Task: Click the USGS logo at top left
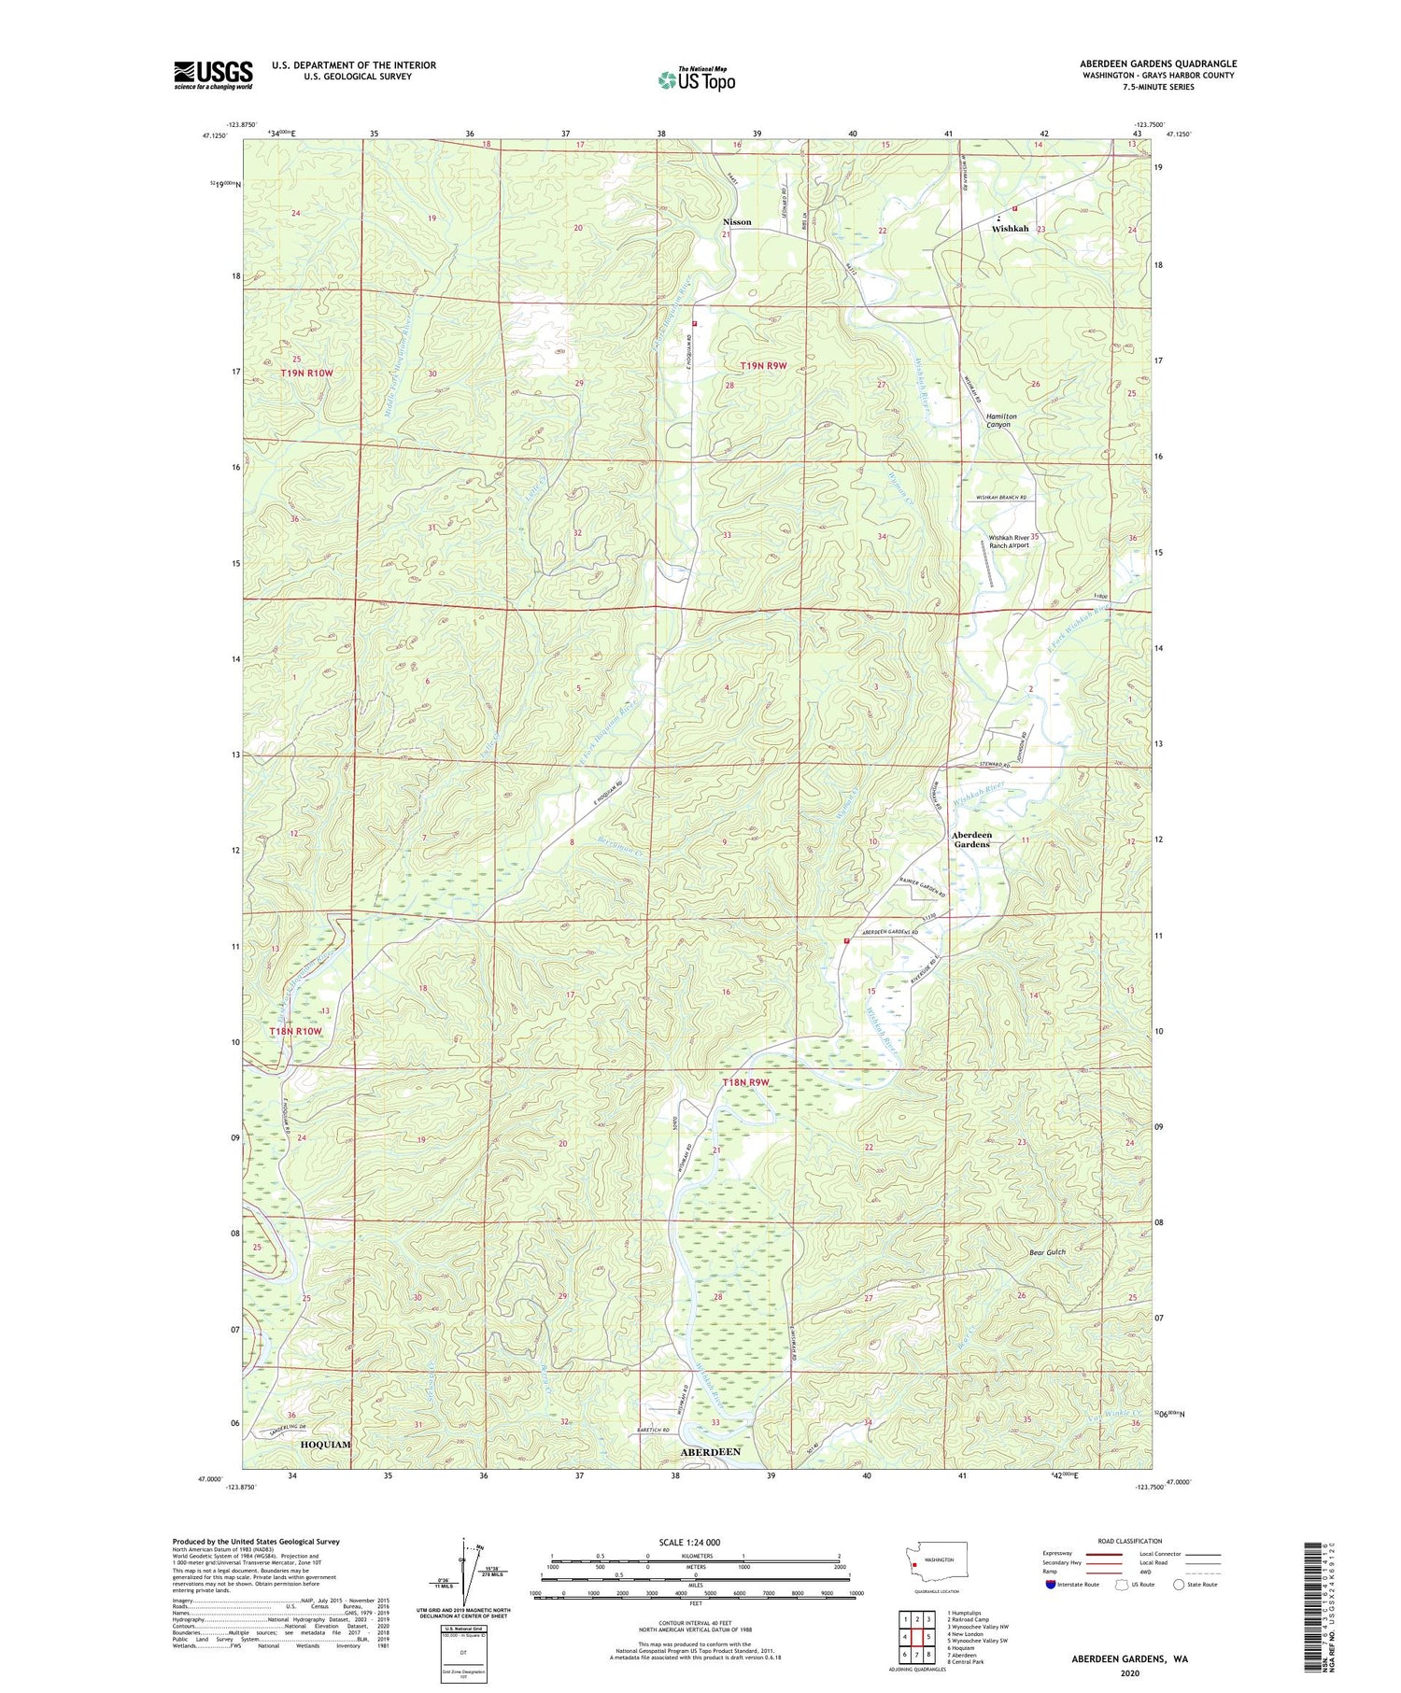[x=213, y=75]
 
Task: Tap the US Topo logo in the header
[x=696, y=79]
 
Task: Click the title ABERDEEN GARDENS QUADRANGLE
[x=1157, y=63]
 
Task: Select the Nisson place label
[x=737, y=222]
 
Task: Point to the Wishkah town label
[x=1010, y=229]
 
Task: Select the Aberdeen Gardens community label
[x=971, y=839]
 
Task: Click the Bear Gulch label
[x=1047, y=1252]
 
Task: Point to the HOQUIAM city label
[x=326, y=1444]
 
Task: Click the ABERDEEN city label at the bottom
[x=711, y=1452]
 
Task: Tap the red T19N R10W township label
[x=307, y=374]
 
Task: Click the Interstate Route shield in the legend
[x=1051, y=1585]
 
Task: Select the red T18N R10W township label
[x=296, y=1031]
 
